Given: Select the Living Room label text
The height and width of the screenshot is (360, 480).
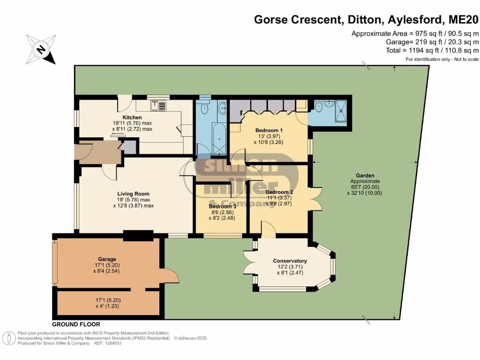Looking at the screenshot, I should (133, 194).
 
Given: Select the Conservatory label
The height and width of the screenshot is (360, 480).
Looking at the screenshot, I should (290, 261).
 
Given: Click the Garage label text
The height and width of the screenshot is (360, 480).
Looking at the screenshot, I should (107, 259).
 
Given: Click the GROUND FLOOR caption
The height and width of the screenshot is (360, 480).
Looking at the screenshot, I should (75, 324).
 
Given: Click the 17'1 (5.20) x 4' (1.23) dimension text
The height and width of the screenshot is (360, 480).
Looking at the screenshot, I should (107, 302).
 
